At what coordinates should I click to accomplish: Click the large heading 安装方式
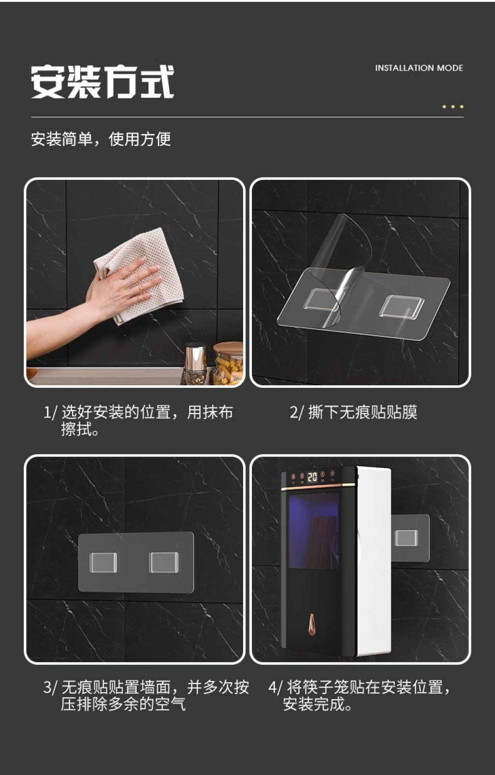pyautogui.click(x=102, y=82)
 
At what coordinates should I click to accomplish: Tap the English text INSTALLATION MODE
pyautogui.click(x=419, y=68)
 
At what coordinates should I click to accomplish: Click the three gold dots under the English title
pyautogui.click(x=453, y=106)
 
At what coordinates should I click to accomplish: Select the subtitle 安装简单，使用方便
pyautogui.click(x=101, y=139)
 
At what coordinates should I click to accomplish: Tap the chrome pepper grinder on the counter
pyautogui.click(x=195, y=363)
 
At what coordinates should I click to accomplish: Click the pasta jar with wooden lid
pyautogui.click(x=228, y=363)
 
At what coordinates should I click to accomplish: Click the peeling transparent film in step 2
pyautogui.click(x=342, y=263)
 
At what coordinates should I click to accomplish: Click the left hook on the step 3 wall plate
pyautogui.click(x=103, y=562)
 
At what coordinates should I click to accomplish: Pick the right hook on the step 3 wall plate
pyautogui.click(x=164, y=562)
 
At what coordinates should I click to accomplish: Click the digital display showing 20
pyautogui.click(x=312, y=478)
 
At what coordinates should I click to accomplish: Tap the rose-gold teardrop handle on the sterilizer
pyautogui.click(x=312, y=625)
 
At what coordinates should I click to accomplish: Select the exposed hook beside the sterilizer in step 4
pyautogui.click(x=407, y=538)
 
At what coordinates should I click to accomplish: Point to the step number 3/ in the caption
pyautogui.click(x=50, y=687)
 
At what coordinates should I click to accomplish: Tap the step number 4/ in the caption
pyautogui.click(x=276, y=687)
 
